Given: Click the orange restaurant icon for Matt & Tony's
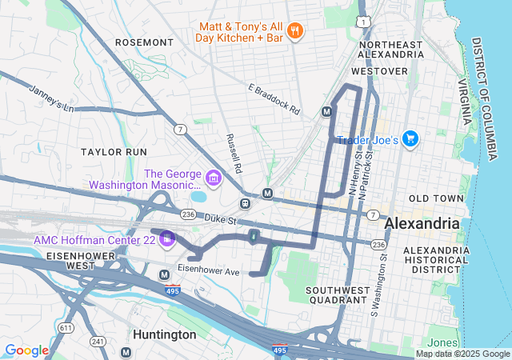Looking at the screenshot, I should (x=295, y=32).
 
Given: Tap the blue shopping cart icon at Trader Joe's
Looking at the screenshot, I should (x=410, y=139).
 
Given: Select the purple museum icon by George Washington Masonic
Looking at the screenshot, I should (x=214, y=177).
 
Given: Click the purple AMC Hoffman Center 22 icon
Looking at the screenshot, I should (x=167, y=239).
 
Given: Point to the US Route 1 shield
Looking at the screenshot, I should (x=364, y=18).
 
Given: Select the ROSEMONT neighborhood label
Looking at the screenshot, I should (x=144, y=42).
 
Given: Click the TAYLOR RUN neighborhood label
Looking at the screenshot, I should (x=114, y=151).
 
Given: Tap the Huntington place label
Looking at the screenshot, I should (x=165, y=334).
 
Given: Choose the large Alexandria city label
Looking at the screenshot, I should (x=422, y=223).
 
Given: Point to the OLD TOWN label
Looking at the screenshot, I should (x=436, y=198).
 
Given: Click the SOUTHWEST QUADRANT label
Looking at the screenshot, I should (x=338, y=295).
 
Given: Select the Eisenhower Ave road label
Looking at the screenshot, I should (x=208, y=272).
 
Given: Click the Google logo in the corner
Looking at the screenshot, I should (x=26, y=350).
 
